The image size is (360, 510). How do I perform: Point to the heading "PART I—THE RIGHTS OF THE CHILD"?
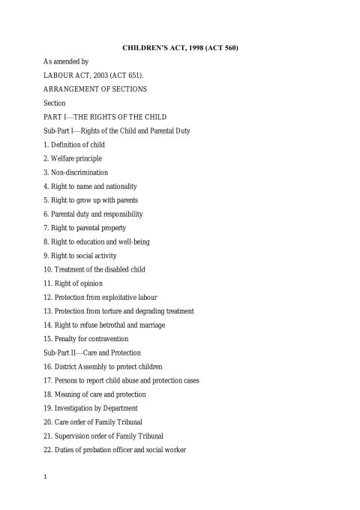click(x=105, y=117)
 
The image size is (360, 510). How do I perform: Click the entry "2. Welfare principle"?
click(x=73, y=157)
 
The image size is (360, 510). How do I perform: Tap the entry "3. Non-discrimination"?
click(x=76, y=172)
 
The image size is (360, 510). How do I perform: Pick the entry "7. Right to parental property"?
click(x=85, y=227)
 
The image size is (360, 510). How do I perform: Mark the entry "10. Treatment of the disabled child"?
click(x=94, y=269)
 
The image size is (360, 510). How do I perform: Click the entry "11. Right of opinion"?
click(x=73, y=283)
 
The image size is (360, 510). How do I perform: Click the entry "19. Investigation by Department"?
click(x=91, y=408)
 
